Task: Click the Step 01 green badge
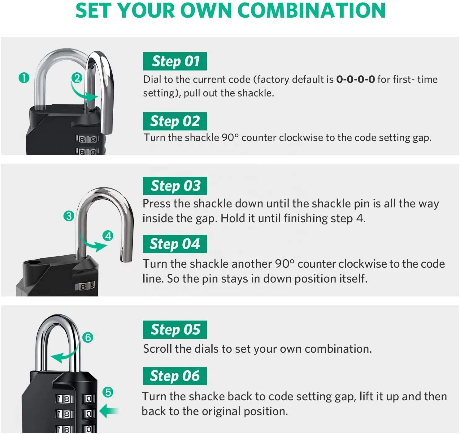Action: [x=175, y=62]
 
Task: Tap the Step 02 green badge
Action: [x=175, y=121]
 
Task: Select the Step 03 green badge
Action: [x=175, y=186]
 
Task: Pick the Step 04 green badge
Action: [x=175, y=244]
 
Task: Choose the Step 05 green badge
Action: [x=175, y=330]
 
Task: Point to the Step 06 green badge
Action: [x=175, y=376]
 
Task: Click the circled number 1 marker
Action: [x=24, y=78]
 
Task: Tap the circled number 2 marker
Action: [x=77, y=78]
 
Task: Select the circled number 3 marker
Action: [x=69, y=216]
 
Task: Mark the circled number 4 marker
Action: [x=108, y=236]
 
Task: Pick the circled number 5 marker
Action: [x=108, y=392]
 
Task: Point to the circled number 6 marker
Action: [x=88, y=337]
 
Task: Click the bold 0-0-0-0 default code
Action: [x=355, y=79]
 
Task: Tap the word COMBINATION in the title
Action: [x=311, y=11]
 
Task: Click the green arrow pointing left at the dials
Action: [x=108, y=411]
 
